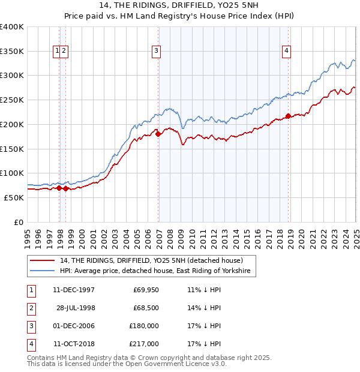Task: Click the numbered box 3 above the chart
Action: tap(156, 52)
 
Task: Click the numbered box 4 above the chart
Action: tap(287, 52)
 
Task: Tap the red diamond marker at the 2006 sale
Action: tap(158, 134)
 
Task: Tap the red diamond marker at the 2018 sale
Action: tap(288, 116)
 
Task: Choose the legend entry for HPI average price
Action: tap(157, 272)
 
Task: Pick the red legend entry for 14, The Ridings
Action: tap(151, 261)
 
